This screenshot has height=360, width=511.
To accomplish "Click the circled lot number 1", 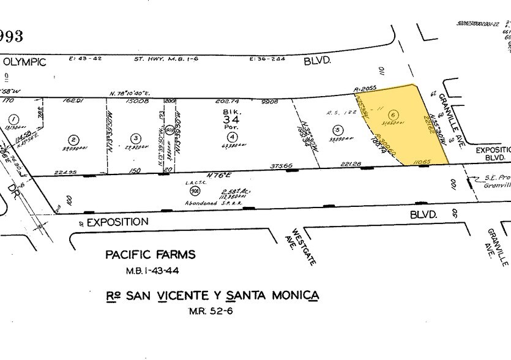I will [12, 119].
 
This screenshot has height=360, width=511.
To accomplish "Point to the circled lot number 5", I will [337, 129].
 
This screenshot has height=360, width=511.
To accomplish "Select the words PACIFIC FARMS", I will [150, 255].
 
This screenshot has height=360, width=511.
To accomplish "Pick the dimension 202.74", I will [229, 103].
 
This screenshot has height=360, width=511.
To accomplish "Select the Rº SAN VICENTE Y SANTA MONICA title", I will [212, 296].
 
